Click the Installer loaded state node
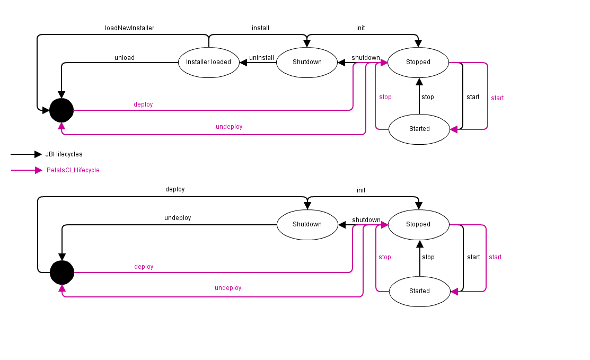[x=208, y=62]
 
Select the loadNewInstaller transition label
[x=129, y=28]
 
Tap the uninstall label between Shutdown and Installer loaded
[x=261, y=58]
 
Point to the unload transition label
[x=125, y=58]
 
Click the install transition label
[x=260, y=28]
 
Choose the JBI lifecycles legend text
[x=64, y=154]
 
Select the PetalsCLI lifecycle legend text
[x=73, y=170]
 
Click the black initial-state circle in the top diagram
[x=61, y=110]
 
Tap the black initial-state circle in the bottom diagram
[x=61, y=273]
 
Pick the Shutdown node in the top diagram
[x=307, y=62]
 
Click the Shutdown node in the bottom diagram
[x=307, y=224]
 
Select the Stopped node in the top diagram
[x=418, y=62]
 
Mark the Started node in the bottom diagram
[x=419, y=291]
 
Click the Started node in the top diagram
[x=419, y=129]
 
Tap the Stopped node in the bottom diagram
[x=418, y=224]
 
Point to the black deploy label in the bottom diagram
[x=175, y=189]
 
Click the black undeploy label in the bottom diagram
[x=178, y=218]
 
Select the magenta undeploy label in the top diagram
[x=229, y=127]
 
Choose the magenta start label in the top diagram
[x=497, y=98]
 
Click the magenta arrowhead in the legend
[x=38, y=170]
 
